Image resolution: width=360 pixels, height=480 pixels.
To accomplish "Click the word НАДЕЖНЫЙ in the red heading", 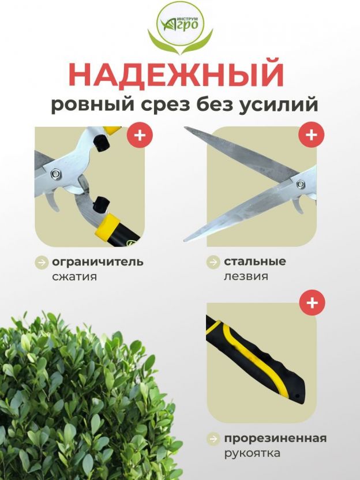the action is pyautogui.click(x=176, y=74).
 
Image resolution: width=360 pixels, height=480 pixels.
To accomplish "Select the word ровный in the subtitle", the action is pyautogui.click(x=93, y=105).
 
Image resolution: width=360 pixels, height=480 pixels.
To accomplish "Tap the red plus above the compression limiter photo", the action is pyautogui.click(x=140, y=134).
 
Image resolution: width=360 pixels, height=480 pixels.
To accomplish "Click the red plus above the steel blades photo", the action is pyautogui.click(x=312, y=134).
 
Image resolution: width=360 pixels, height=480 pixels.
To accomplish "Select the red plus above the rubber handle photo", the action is pyautogui.click(x=312, y=302).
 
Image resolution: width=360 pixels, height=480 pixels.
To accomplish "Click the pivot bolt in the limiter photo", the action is pyautogui.click(x=55, y=174).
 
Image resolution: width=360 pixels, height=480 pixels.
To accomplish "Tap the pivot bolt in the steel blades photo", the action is pyautogui.click(x=301, y=184).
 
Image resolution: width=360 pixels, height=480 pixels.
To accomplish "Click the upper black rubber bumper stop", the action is pyautogui.click(x=101, y=142).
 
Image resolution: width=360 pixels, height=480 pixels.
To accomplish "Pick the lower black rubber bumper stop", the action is pyautogui.click(x=101, y=204).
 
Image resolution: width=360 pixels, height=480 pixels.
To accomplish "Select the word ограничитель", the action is pyautogui.click(x=97, y=262).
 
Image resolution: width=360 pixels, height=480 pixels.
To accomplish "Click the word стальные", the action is pyautogui.click(x=254, y=261).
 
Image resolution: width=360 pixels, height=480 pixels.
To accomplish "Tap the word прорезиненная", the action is pyautogui.click(x=275, y=438).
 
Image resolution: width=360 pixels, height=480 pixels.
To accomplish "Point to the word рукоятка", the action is pyautogui.click(x=252, y=453).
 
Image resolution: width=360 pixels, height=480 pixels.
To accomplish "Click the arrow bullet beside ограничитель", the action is pyautogui.click(x=42, y=262).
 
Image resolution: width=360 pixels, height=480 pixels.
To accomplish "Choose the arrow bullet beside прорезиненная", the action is pyautogui.click(x=213, y=438).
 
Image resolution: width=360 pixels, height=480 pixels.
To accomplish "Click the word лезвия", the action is pyautogui.click(x=246, y=276).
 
